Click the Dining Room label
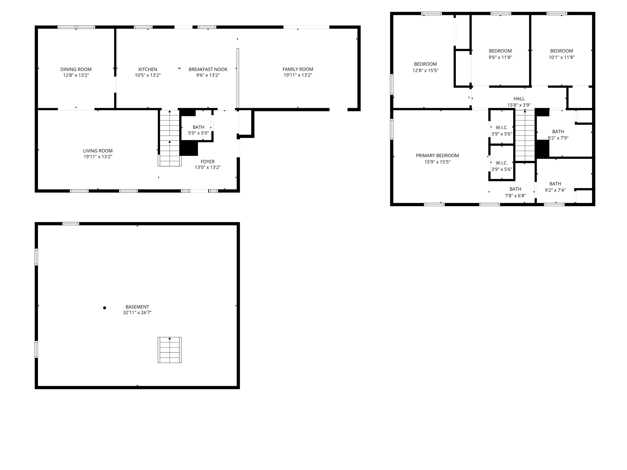(x=76, y=69)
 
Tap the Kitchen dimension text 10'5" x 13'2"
(x=148, y=75)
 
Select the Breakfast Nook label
(x=208, y=69)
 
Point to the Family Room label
(x=298, y=69)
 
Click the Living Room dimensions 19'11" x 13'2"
(x=98, y=157)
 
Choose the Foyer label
(x=208, y=162)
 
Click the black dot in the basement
(x=104, y=308)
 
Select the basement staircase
(x=170, y=350)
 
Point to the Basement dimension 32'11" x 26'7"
(x=137, y=313)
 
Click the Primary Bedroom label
(x=437, y=155)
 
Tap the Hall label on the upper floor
(x=519, y=99)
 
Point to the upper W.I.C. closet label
(x=501, y=127)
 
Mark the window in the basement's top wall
(x=71, y=224)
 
